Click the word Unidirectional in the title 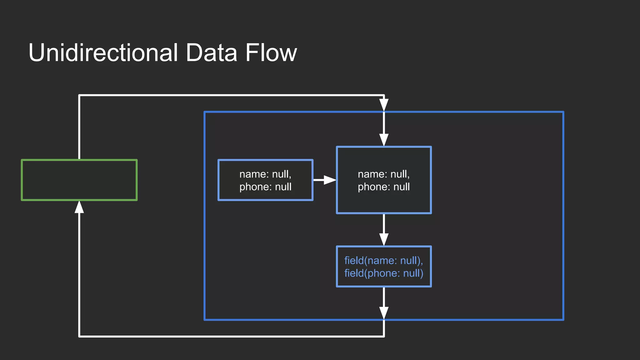[103, 52]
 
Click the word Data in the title [211, 52]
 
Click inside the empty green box [79, 180]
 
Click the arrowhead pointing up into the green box [79, 207]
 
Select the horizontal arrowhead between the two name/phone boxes [329, 180]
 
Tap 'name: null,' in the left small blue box [265, 174]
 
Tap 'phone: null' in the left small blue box [265, 187]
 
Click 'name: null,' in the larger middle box [383, 174]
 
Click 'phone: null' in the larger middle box [383, 187]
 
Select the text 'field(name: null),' [383, 260]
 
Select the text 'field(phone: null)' [383, 273]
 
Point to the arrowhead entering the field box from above [384, 239]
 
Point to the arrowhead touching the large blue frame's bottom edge [384, 313]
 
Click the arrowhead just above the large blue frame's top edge [384, 105]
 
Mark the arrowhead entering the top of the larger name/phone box [384, 140]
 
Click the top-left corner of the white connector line [79, 95]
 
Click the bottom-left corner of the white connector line [79, 336]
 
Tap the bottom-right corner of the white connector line [384, 336]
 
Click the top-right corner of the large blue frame [563, 112]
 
